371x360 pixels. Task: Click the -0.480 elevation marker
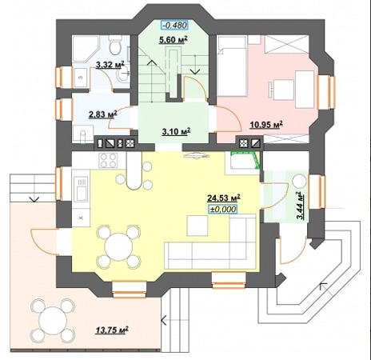point(174,25)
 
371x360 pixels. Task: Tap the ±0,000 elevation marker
point(223,210)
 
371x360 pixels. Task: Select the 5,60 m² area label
point(174,40)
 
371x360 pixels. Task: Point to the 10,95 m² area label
point(266,125)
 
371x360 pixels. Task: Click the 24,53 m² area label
point(224,198)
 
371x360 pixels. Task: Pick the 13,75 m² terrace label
point(112,330)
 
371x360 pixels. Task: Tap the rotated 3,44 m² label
point(301,206)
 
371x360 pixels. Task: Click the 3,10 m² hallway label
point(176,131)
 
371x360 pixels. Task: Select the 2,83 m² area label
point(103,114)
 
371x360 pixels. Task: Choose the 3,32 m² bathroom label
point(110,65)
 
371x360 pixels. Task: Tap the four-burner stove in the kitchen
point(108,160)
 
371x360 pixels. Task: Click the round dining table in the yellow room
point(118,246)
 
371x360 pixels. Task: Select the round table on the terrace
point(53,320)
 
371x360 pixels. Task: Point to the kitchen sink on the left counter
point(81,190)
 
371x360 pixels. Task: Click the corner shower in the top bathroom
point(86,48)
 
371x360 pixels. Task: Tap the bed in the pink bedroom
point(232,66)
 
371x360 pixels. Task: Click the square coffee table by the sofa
point(197,226)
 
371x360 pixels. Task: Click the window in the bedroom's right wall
point(327,92)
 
